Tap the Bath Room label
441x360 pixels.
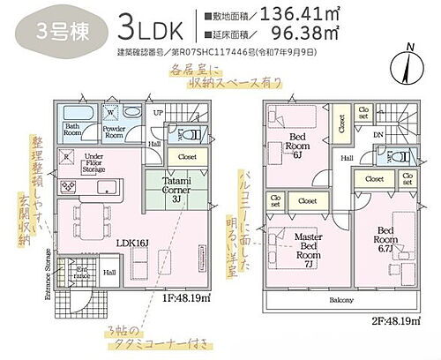74,130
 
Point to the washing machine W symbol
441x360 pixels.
108,112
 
